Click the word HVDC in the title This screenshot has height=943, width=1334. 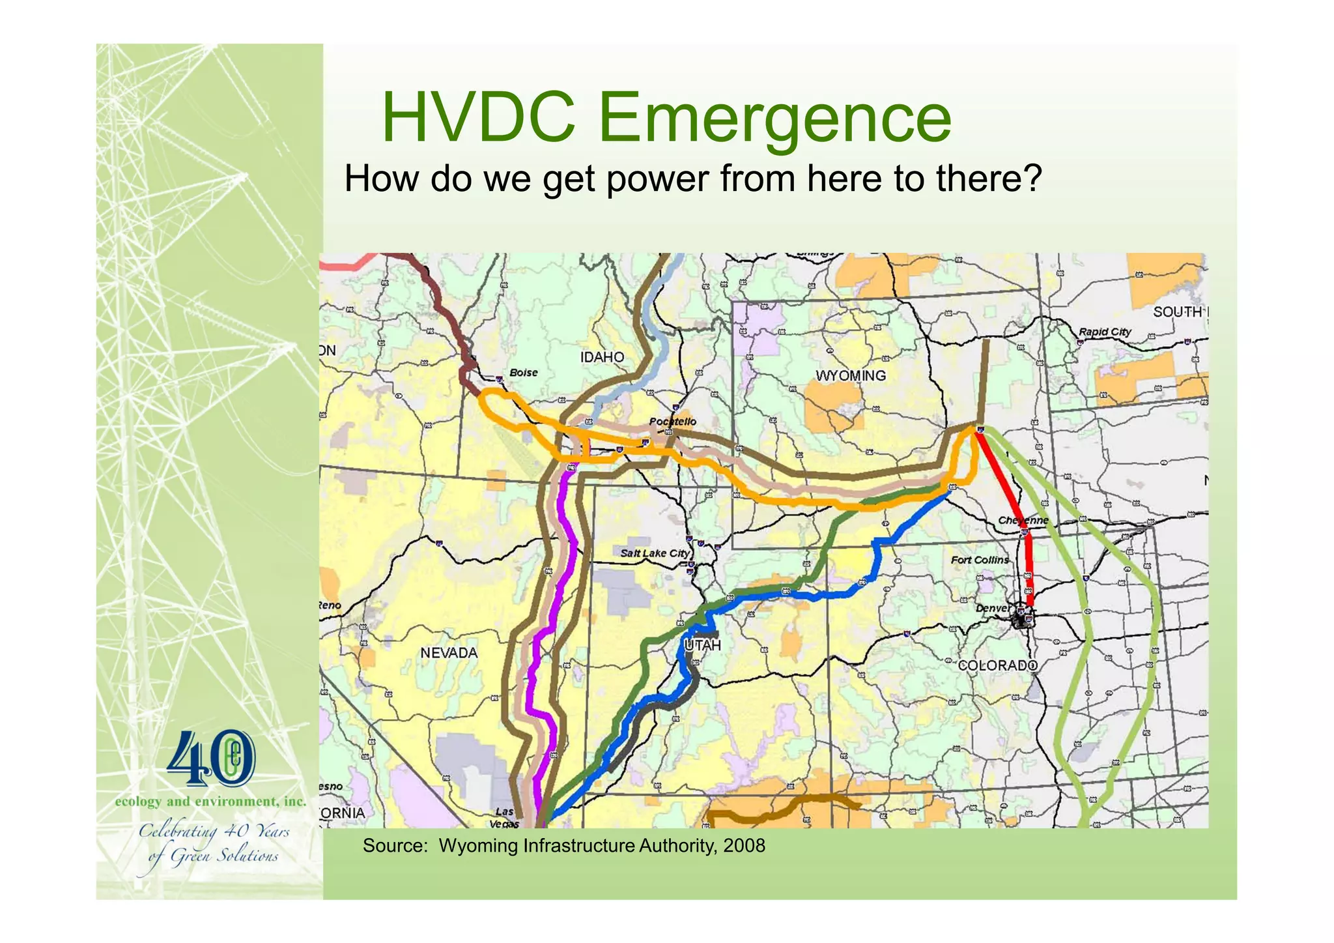(x=479, y=118)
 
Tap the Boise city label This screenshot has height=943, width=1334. (x=523, y=373)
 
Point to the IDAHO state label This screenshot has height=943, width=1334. (x=602, y=357)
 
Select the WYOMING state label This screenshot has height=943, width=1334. (x=851, y=376)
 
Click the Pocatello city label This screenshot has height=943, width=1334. (x=672, y=422)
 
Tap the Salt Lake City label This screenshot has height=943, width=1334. (x=654, y=553)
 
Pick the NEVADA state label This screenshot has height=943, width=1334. (x=449, y=653)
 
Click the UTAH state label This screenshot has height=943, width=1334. (x=703, y=645)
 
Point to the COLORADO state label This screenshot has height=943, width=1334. (x=997, y=665)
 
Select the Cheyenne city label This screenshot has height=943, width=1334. (x=1023, y=521)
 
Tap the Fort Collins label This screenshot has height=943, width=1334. (x=979, y=560)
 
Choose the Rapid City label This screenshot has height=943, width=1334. (x=1105, y=332)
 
